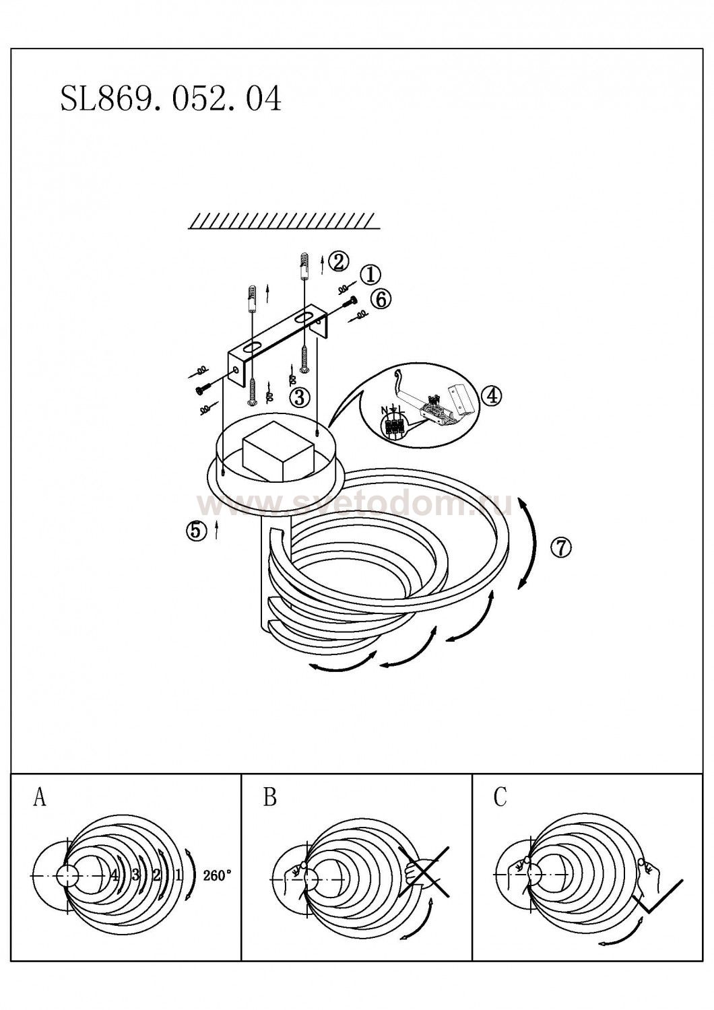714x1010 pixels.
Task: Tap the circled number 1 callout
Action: [x=370, y=275]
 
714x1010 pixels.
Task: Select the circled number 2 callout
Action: [x=338, y=261]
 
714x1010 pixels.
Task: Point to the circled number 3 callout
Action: [x=299, y=397]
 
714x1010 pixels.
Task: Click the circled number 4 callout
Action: [x=492, y=396]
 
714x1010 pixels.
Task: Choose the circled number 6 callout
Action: [x=560, y=547]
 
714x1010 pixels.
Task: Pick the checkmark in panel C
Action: [x=115, y=875]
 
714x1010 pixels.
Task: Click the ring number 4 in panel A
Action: [x=178, y=875]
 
